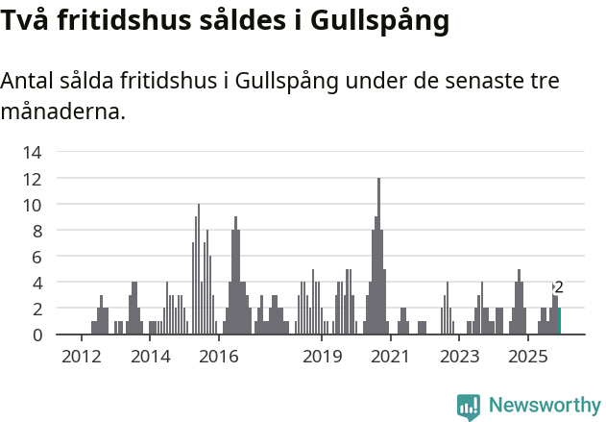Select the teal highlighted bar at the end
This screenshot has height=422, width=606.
click(559, 321)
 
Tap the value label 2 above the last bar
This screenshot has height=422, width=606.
click(559, 287)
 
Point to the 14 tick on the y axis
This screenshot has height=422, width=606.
click(33, 152)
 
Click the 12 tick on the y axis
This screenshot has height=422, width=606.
click(33, 178)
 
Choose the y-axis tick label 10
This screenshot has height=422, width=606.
click(33, 204)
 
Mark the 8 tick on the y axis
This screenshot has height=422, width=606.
click(36, 231)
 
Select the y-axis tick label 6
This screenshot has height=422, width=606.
click(36, 257)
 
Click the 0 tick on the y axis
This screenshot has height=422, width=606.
click(36, 335)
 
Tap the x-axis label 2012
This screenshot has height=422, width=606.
click(81, 358)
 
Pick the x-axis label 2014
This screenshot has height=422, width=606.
click(150, 358)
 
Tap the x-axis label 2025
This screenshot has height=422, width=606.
click(527, 358)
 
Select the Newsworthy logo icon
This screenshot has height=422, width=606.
click(469, 407)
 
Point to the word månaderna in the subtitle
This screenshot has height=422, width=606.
click(62, 112)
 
